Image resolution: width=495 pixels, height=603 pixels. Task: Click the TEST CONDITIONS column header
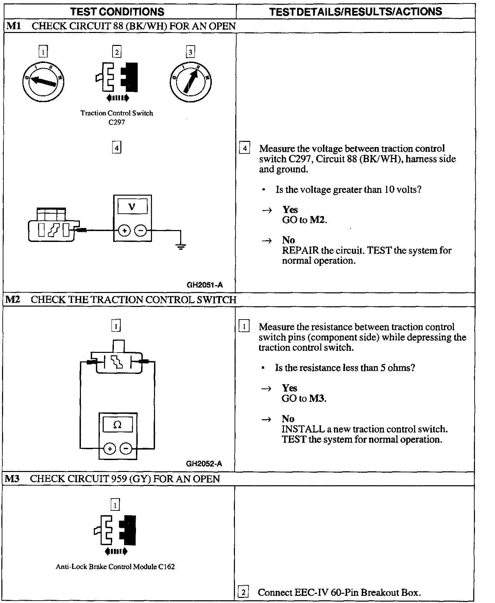pos(117,12)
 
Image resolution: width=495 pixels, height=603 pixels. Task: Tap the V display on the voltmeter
pos(133,207)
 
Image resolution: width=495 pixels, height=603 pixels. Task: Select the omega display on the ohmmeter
pos(117,425)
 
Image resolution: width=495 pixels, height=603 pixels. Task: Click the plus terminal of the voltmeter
pos(124,231)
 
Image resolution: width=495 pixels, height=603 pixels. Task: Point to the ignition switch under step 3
pos(190,81)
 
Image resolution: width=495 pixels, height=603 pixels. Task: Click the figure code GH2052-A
pos(204,463)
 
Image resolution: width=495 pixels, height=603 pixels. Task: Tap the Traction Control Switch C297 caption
pos(117,117)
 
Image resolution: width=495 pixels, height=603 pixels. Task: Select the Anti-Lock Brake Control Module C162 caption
pos(115,567)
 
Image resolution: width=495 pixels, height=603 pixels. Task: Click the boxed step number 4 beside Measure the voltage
pos(244,148)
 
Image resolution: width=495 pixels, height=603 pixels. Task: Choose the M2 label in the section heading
pos(13,299)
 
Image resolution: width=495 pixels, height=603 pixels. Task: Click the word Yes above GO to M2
pos(290,210)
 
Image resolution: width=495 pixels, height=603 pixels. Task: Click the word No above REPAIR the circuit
pos(288,240)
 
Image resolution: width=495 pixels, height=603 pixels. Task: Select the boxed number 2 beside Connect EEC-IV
pos(243,592)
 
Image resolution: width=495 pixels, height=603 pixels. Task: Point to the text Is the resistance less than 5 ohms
pos(345,368)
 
